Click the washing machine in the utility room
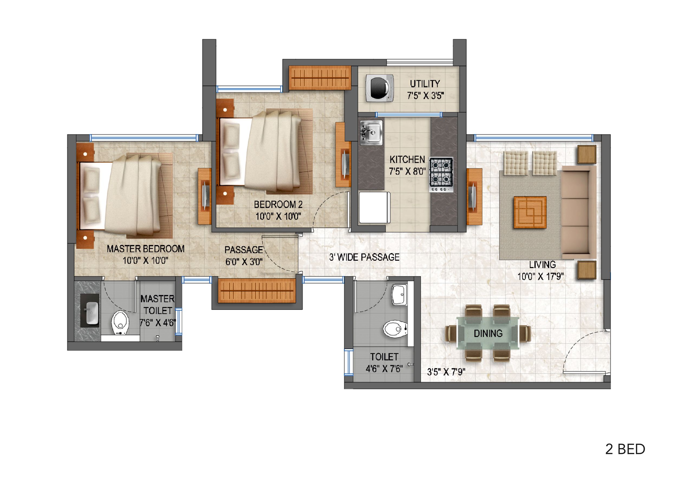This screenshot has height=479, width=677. pos(379,88)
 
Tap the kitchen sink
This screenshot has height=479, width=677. pos(371,132)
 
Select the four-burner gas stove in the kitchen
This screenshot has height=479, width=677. pos(441,174)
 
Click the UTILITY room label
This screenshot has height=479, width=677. pos(425,84)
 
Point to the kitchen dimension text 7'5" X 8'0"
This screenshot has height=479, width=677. pos(407,171)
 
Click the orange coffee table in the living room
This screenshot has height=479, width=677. pos(530,212)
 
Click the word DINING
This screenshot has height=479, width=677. pos(488,333)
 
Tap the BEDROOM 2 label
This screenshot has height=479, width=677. pos(278,204)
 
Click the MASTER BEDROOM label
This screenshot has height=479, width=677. pos(146,249)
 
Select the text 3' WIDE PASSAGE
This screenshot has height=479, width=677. pos(364,257)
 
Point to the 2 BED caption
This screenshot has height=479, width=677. pos(625,449)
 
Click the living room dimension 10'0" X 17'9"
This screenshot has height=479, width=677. pos(541,276)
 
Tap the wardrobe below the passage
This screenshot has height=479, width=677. pos(256,291)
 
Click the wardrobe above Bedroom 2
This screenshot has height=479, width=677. pos(320,77)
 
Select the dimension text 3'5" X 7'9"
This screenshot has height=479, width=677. pos(446,372)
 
